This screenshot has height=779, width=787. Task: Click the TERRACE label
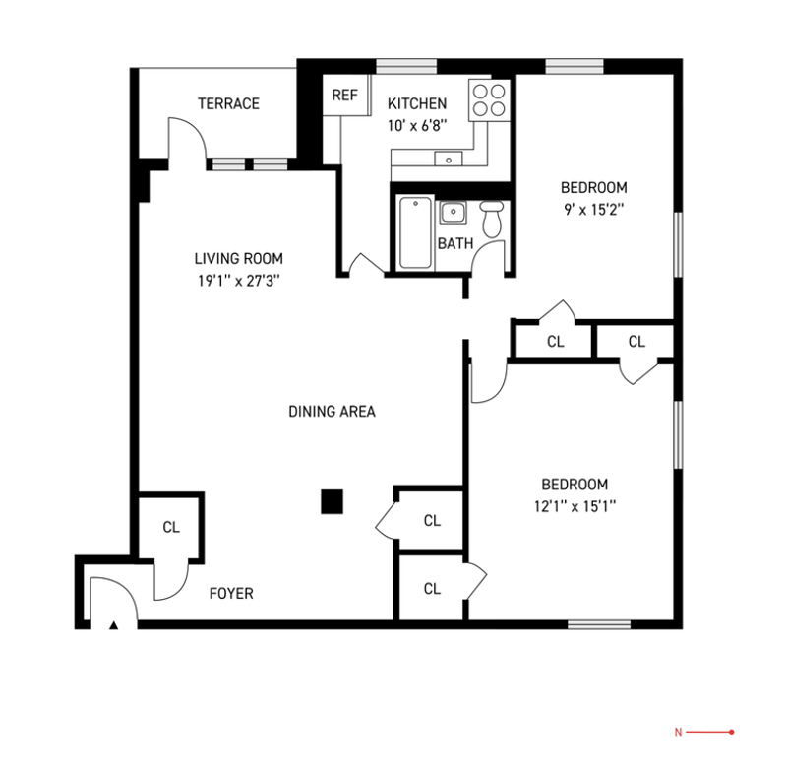tap(228, 103)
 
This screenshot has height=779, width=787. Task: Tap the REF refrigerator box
tap(345, 95)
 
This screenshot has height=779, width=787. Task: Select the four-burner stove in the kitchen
tap(489, 100)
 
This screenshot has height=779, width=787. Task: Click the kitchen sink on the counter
tap(449, 159)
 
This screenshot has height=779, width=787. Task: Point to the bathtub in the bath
tap(415, 232)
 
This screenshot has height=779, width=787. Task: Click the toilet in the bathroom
tap(492, 220)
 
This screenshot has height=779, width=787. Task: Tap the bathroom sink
tap(454, 212)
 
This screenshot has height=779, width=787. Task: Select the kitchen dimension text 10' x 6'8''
tap(416, 126)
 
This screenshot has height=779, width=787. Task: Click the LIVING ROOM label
tap(238, 259)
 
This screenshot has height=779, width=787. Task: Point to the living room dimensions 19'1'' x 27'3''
tap(238, 281)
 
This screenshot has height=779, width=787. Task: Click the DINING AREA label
tap(332, 412)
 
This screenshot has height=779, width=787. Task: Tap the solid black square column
tap(332, 501)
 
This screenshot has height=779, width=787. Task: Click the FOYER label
tap(231, 594)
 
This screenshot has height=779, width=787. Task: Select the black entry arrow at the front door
tap(114, 625)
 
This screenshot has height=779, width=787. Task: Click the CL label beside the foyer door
tap(171, 527)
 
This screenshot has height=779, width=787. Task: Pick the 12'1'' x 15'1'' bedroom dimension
tap(575, 506)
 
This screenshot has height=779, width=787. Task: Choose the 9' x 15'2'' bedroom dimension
tap(594, 210)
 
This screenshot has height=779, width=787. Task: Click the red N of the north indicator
tap(678, 733)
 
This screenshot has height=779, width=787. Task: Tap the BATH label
tap(455, 244)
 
